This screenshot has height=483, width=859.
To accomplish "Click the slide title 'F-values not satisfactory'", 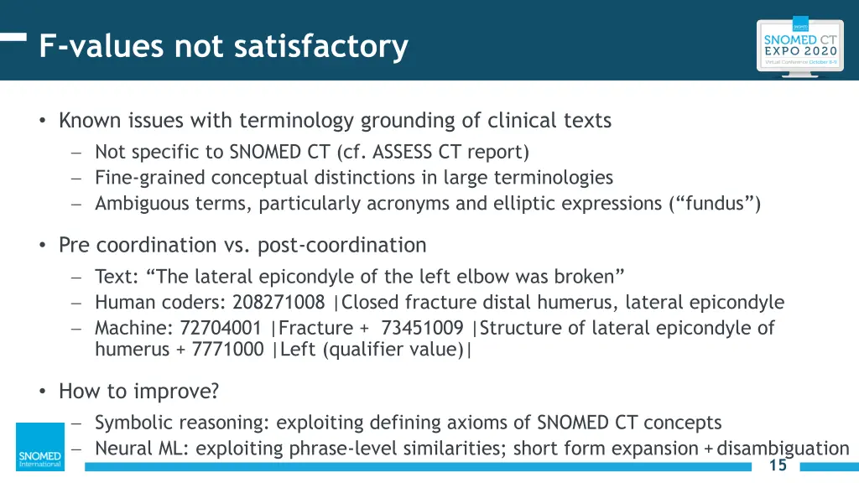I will pos(223,46).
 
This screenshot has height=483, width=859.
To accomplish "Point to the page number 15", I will pos(778,465).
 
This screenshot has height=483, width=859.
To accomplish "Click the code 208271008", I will pos(279,303).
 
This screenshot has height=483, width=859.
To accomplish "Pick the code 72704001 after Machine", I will pos(221,328).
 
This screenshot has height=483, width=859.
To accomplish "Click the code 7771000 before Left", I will pos(227,350).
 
